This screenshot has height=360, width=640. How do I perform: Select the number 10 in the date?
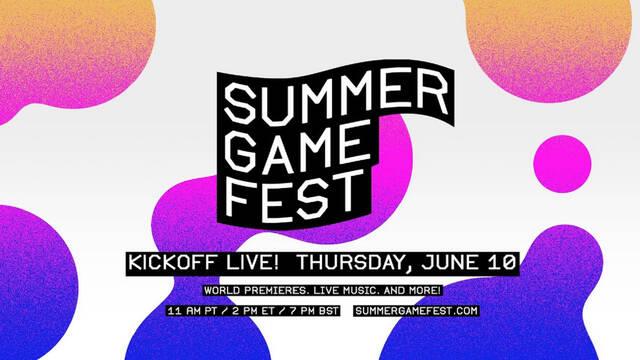click(505, 264)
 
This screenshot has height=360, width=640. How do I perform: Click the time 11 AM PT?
click(192, 311)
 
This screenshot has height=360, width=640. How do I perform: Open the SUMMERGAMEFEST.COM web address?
click(418, 311)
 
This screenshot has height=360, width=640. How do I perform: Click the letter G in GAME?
click(244, 147)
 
